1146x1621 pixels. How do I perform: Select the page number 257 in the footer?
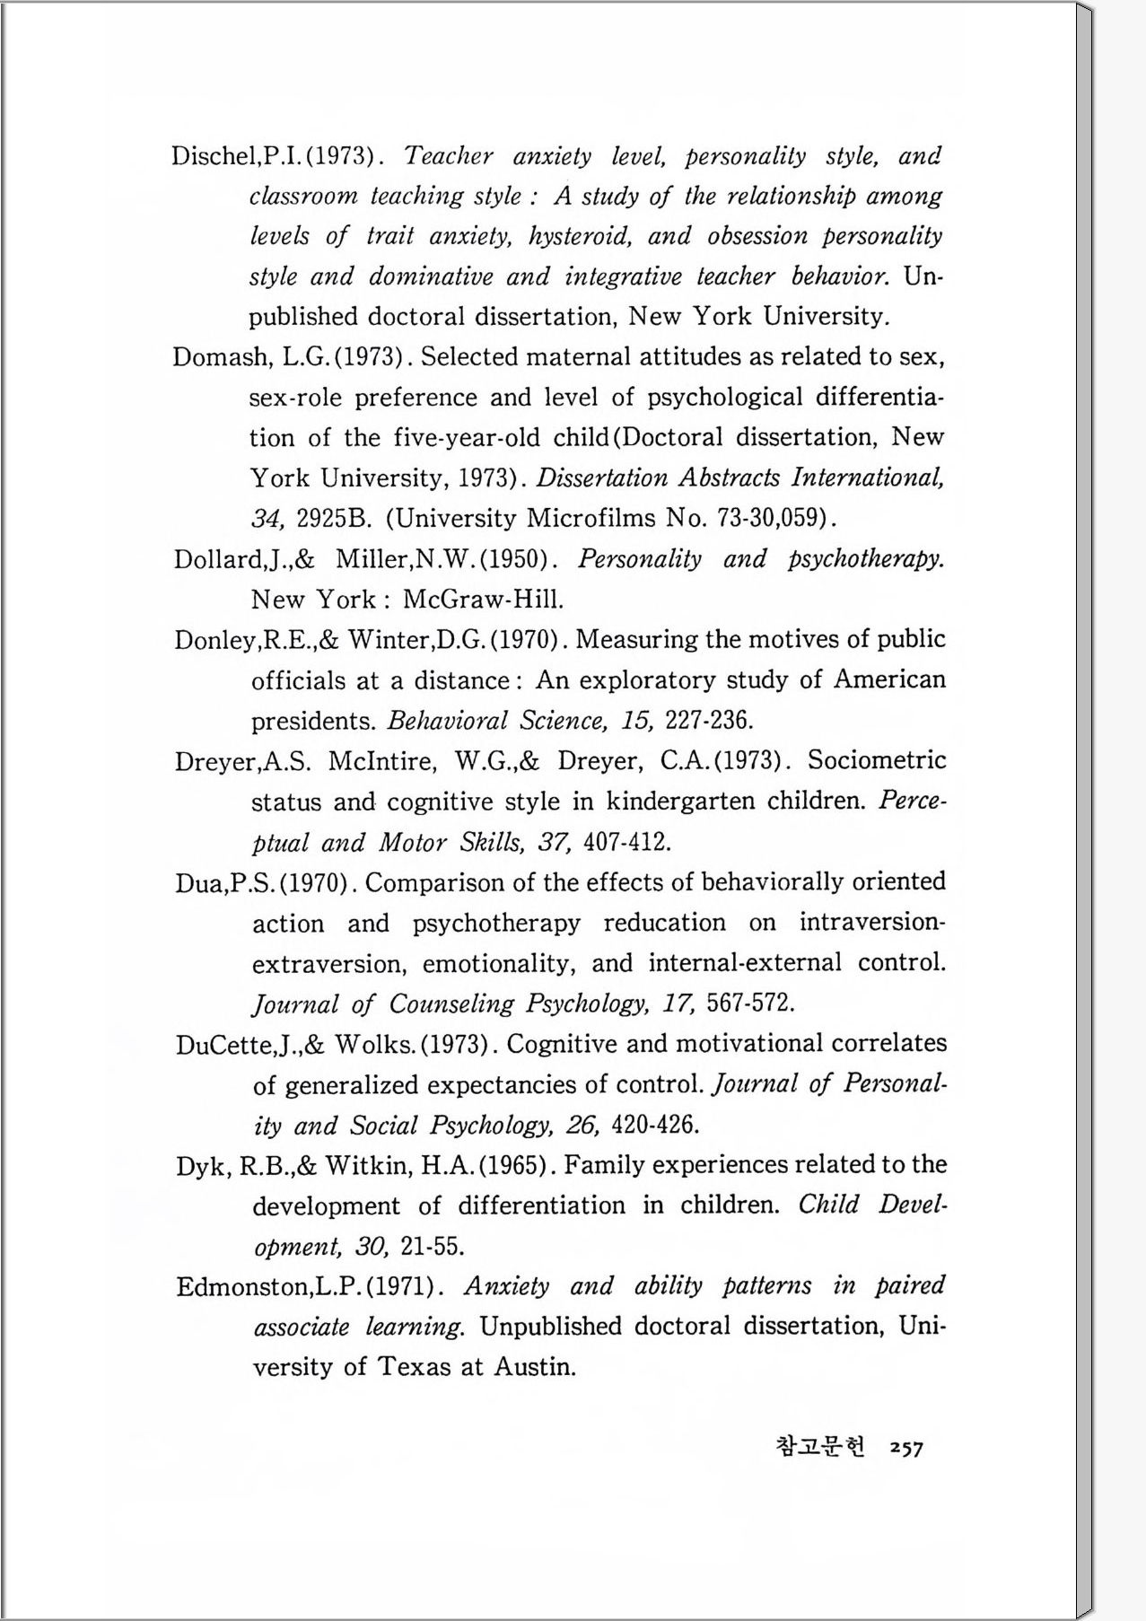[x=905, y=1448]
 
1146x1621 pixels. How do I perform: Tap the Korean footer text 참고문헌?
[x=820, y=1447]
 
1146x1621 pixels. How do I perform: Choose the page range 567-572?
[x=750, y=1003]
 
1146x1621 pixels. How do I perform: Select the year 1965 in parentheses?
[x=512, y=1166]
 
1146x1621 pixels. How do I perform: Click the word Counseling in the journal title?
[x=451, y=1003]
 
